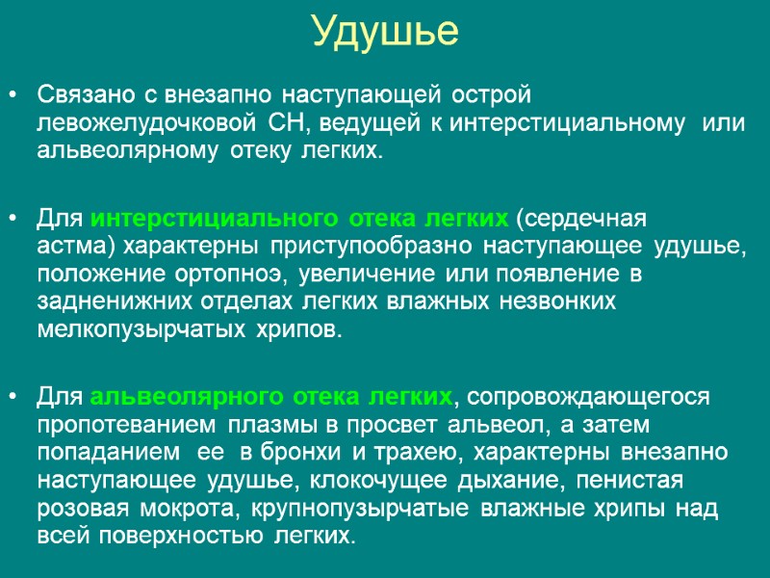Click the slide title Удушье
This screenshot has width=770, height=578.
click(x=385, y=33)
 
